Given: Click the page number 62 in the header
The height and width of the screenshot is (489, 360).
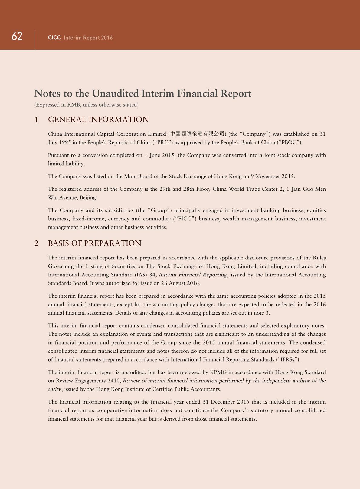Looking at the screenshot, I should tap(17, 36).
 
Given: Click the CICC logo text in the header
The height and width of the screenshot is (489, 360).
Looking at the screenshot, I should tap(54, 38).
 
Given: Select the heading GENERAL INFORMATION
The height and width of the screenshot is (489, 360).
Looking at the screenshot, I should tap(98, 120).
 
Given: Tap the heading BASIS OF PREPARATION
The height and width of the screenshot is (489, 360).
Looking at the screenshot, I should tap(95, 243).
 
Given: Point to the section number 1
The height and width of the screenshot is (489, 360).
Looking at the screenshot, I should tap(36, 120).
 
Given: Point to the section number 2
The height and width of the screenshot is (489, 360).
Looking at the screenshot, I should tap(36, 243).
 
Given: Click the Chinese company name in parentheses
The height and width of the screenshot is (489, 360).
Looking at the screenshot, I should tap(197, 134).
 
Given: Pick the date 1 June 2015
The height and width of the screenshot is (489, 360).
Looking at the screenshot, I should tap(159, 155).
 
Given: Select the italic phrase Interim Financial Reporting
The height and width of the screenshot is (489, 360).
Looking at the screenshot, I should tap(192, 275).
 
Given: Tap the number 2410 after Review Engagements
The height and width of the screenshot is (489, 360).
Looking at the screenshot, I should tap(114, 381).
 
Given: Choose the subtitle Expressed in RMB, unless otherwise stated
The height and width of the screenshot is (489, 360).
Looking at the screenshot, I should tap(86, 105).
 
